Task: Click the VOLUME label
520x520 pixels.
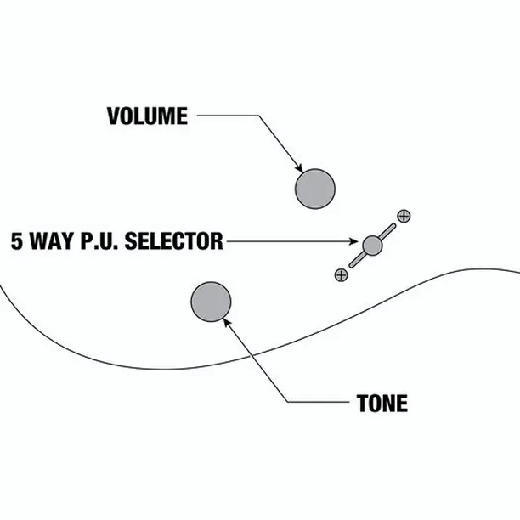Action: click(x=147, y=116)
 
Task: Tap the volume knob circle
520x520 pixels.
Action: click(x=315, y=189)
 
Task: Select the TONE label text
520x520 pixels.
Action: click(x=382, y=404)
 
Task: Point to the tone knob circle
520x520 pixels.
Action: click(x=211, y=302)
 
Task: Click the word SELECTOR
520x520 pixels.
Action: click(x=174, y=241)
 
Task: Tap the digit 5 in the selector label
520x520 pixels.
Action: click(x=17, y=241)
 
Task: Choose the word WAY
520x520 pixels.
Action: click(x=52, y=241)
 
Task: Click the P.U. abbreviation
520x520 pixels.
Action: click(x=99, y=241)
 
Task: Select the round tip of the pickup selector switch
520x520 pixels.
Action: click(x=372, y=246)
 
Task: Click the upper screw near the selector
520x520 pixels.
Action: click(x=404, y=216)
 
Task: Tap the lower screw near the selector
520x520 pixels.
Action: click(x=342, y=275)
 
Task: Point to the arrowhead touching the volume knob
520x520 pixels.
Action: click(x=299, y=168)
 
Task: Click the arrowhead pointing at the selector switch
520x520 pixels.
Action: click(x=353, y=241)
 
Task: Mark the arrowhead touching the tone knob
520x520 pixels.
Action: click(x=227, y=322)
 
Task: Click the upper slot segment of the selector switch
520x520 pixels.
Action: click(x=387, y=231)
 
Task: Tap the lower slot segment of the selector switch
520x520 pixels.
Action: click(x=357, y=260)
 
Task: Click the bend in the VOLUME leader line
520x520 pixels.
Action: click(x=258, y=116)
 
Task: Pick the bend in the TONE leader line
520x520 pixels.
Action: click(x=288, y=402)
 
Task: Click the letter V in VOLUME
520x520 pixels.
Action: click(x=113, y=116)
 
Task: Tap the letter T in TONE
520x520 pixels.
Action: click(x=362, y=404)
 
